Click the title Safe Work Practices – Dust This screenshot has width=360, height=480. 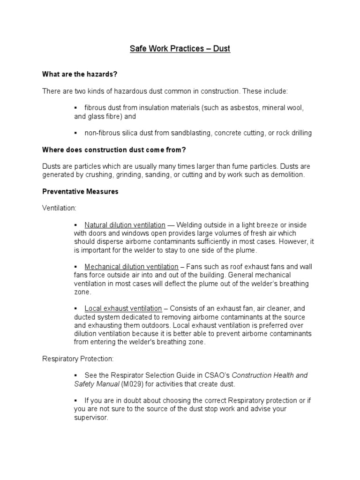tap(180, 48)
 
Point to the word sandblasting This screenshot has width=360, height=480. tap(189, 133)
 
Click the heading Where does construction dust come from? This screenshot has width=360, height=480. tap(111, 150)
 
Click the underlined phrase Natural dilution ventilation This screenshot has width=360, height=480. tap(125, 225)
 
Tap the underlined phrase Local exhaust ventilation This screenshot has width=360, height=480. tap(123, 308)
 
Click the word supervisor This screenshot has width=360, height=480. tap(90, 417)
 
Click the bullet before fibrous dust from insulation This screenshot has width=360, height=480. tap(76, 108)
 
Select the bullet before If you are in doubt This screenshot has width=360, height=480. tap(76, 401)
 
